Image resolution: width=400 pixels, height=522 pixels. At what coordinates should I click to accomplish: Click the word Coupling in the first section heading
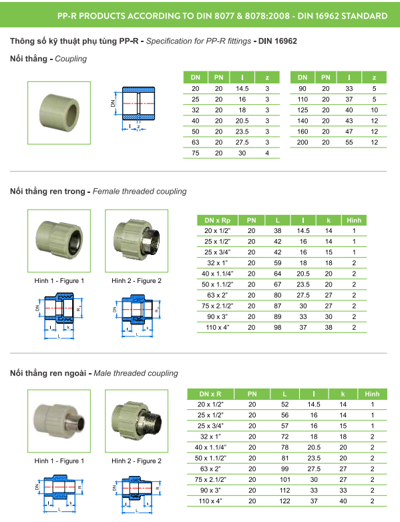[x=71, y=59]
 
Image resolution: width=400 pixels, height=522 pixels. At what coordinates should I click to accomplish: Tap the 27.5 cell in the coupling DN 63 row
[x=242, y=142]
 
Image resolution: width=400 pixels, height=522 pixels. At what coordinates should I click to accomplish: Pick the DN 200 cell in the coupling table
[x=303, y=142]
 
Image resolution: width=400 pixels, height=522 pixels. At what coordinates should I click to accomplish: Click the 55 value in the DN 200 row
[x=349, y=142]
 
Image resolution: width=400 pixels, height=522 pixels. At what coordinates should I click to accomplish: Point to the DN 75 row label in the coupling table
[x=196, y=153]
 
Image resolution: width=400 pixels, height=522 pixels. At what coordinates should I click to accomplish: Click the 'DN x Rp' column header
[x=218, y=220]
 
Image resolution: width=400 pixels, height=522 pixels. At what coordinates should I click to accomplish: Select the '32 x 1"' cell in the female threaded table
[x=218, y=263]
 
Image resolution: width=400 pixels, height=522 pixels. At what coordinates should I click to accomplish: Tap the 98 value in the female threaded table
[x=277, y=328]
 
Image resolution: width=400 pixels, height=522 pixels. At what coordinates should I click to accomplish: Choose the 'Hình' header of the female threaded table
[x=354, y=220]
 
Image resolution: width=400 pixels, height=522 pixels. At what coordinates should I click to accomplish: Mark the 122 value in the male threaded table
[x=285, y=501]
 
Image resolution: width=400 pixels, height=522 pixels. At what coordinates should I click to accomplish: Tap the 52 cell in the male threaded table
[x=285, y=405]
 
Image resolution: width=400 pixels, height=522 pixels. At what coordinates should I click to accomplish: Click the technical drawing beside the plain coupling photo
[x=133, y=106]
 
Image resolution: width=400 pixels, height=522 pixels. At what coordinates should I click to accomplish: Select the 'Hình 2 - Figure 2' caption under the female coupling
[x=136, y=281]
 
